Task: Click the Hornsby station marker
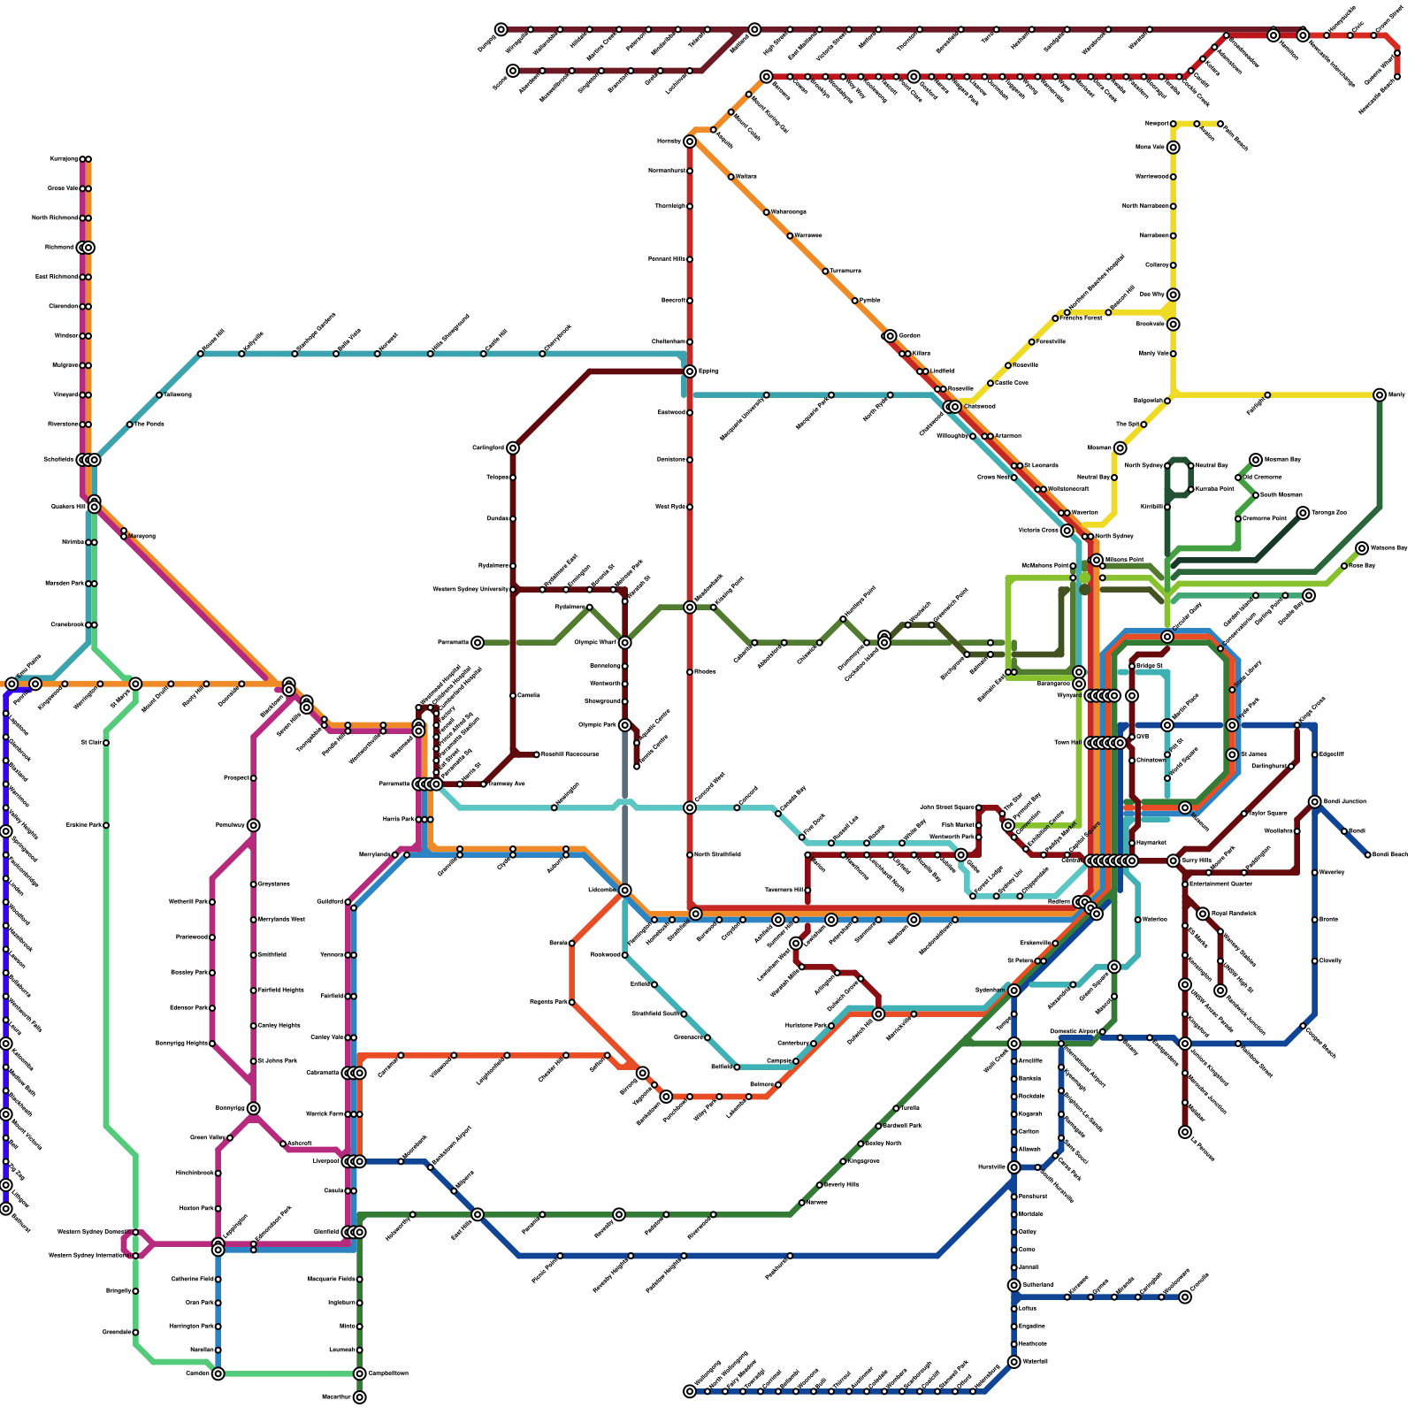(x=690, y=141)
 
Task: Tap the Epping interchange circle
(x=690, y=371)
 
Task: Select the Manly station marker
(x=1380, y=394)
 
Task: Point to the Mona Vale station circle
(x=1173, y=148)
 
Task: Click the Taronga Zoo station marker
(x=1303, y=513)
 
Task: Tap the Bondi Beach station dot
(x=1367, y=855)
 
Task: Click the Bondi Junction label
(x=1344, y=801)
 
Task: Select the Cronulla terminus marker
(x=1185, y=1297)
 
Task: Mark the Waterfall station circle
(x=1014, y=1362)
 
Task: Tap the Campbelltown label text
(x=388, y=1373)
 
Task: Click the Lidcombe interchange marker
(x=625, y=891)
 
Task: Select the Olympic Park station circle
(x=625, y=725)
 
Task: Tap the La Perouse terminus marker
(x=1185, y=1132)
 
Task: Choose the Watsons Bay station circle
(x=1362, y=548)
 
